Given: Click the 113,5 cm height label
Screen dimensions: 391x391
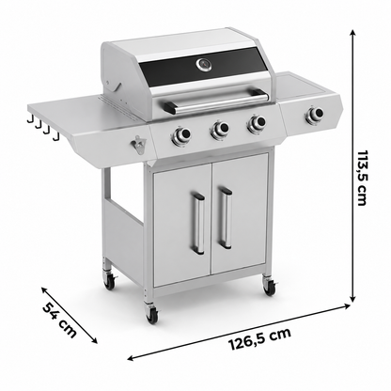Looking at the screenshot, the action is pyautogui.click(x=362, y=178).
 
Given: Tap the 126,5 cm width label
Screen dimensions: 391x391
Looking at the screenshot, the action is pyautogui.click(x=260, y=339).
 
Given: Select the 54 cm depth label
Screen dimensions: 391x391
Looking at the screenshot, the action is pyautogui.click(x=59, y=320).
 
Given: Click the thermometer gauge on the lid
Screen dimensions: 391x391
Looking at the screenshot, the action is pyautogui.click(x=204, y=65).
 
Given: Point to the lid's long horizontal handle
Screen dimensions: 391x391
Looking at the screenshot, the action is pyautogui.click(x=215, y=101).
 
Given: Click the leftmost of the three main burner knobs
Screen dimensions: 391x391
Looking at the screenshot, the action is pyautogui.click(x=180, y=135).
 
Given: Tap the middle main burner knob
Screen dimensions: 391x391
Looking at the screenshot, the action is pyautogui.click(x=220, y=129).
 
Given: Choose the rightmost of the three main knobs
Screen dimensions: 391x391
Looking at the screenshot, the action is pyautogui.click(x=257, y=122).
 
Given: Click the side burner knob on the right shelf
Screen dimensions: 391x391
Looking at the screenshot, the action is pyautogui.click(x=315, y=114).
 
